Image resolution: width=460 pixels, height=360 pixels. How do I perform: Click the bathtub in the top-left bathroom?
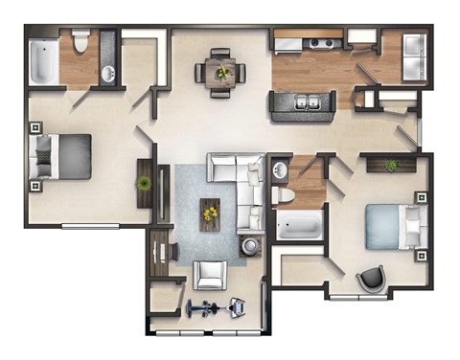click(x=43, y=63)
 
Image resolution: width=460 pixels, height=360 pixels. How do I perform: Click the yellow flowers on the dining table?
click(x=221, y=71)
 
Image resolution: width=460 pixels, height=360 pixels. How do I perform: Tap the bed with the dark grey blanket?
click(x=63, y=156)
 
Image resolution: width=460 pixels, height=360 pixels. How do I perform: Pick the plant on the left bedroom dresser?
click(x=146, y=182)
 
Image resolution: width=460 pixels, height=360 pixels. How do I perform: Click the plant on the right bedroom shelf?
click(x=391, y=167)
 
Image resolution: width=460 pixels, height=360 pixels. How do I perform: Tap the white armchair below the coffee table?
click(x=210, y=275)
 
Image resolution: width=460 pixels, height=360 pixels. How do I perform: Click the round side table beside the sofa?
click(x=251, y=246)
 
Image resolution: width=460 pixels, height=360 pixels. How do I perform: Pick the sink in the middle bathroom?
click(x=281, y=171)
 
